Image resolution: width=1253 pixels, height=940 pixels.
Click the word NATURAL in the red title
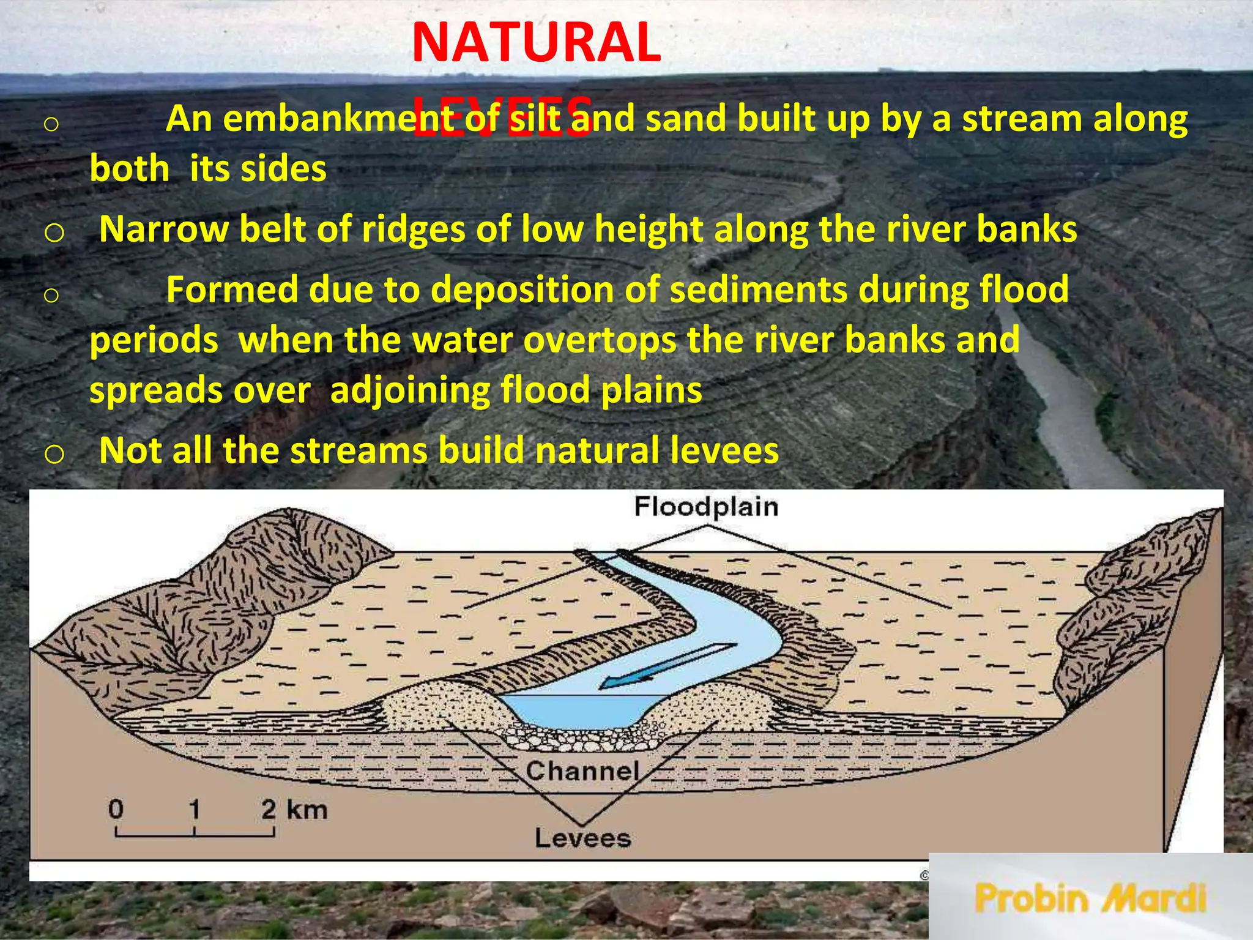536,43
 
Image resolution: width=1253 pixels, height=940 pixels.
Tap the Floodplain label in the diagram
705,507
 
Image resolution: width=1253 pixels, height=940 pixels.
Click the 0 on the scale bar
116,810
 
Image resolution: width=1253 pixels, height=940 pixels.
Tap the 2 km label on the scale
294,810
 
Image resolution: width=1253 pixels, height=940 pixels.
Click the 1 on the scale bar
194,810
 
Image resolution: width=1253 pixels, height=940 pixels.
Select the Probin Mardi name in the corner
1090,898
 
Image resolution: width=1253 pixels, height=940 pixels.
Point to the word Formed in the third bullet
232,289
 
